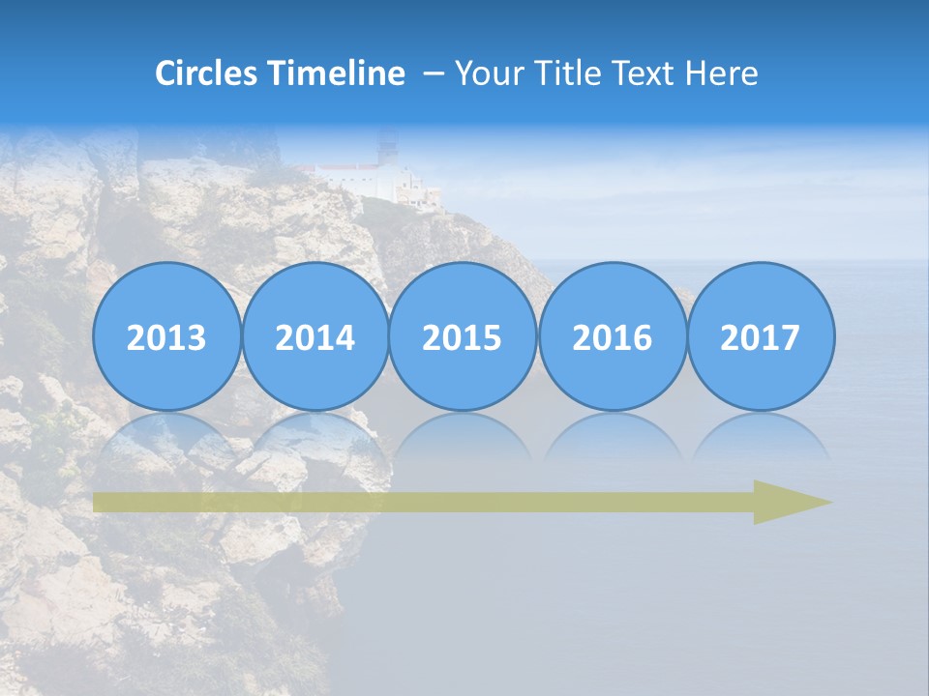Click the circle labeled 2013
coord(166,336)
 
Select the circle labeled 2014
coord(315,336)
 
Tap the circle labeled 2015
coord(463,336)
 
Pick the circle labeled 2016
coord(612,336)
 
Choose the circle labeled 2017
coord(760,336)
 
